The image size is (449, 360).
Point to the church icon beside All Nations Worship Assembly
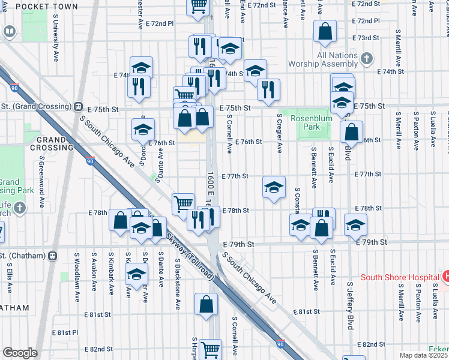pyautogui.click(x=366, y=58)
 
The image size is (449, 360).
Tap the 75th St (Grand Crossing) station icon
pyautogui.click(x=78, y=106)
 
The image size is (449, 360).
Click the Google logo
pyautogui.click(x=20, y=352)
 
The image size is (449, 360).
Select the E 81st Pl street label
pyautogui.click(x=65, y=332)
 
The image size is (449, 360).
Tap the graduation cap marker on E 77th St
pyautogui.click(x=274, y=188)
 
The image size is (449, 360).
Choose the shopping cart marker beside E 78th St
pyautogui.click(x=183, y=203)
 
